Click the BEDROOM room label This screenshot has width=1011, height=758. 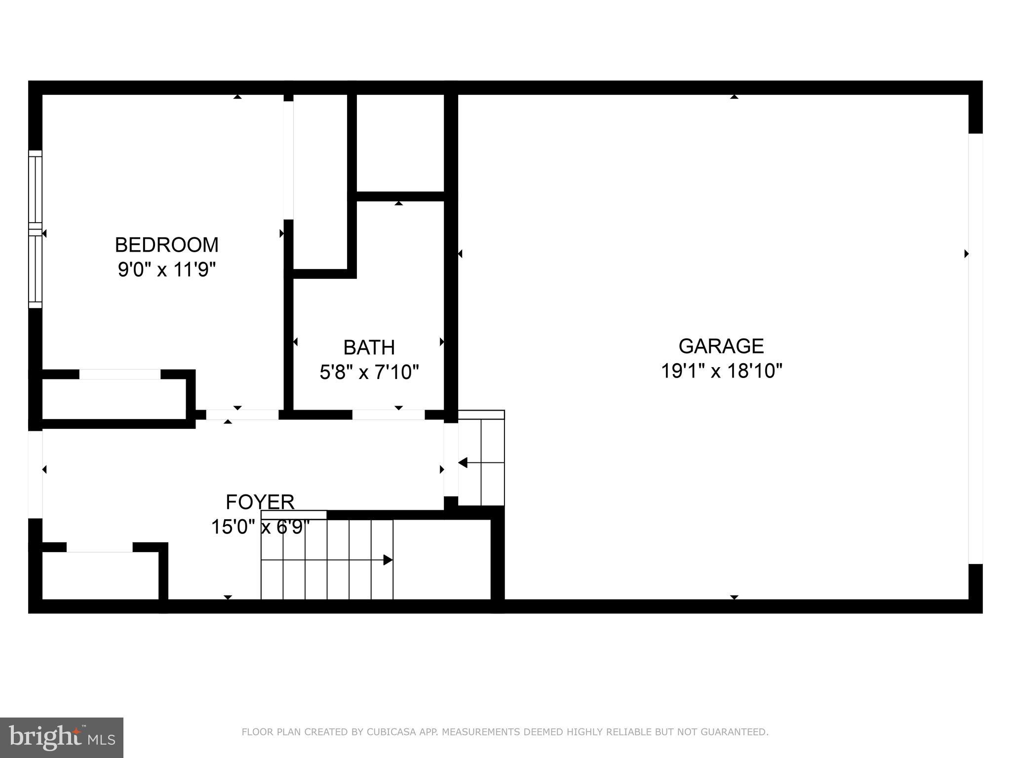166,245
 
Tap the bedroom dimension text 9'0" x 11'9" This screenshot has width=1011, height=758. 167,269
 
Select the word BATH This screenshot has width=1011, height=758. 369,347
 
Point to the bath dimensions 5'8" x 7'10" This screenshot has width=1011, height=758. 369,372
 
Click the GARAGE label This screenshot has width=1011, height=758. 721,346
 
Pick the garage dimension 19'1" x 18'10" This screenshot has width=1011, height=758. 721,371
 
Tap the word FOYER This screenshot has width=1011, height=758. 260,502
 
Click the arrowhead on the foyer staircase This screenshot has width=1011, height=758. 388,560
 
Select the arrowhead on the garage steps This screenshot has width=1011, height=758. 463,463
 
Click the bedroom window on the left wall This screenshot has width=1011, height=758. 35,229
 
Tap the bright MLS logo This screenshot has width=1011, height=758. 61,737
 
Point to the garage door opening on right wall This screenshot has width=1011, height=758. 975,348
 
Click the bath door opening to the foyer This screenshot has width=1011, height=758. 388,415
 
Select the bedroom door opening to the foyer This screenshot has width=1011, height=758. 242,415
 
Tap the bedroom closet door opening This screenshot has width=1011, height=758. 120,374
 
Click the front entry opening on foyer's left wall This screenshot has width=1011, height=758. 35,474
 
